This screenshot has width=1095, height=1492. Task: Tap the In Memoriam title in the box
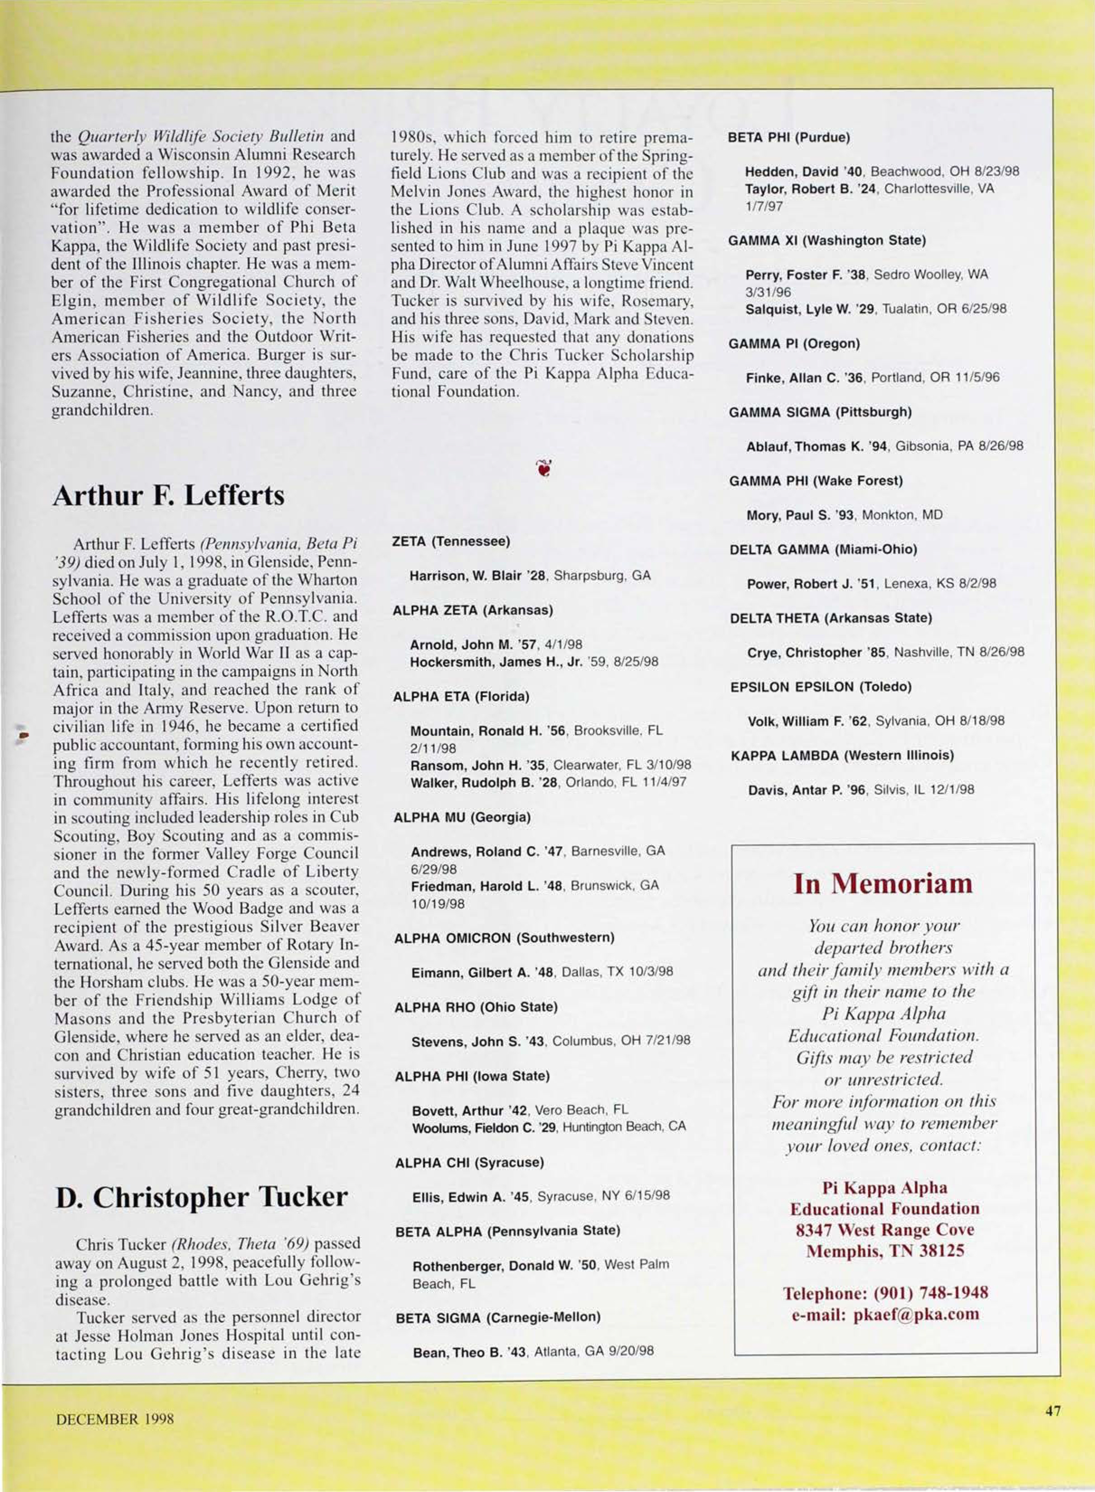pyautogui.click(x=883, y=884)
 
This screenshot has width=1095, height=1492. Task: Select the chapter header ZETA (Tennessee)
pyautogui.click(x=451, y=541)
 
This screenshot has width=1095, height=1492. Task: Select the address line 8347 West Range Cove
pyautogui.click(x=884, y=1230)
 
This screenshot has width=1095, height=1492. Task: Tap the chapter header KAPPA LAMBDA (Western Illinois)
pyautogui.click(x=842, y=756)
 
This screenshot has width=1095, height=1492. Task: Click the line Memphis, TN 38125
pyautogui.click(x=884, y=1251)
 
